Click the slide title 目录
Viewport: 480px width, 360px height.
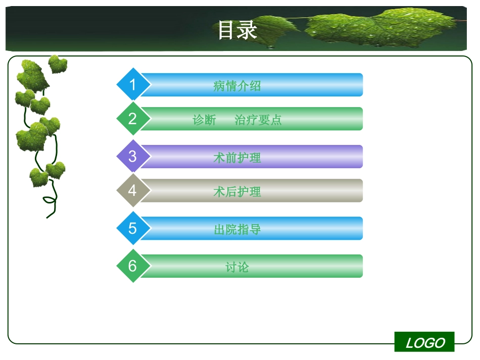click(x=237, y=30)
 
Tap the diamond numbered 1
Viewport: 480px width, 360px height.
click(x=133, y=84)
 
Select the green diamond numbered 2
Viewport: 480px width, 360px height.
click(x=133, y=119)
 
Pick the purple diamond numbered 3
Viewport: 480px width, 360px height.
click(x=133, y=156)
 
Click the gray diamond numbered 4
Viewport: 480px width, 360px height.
click(x=133, y=190)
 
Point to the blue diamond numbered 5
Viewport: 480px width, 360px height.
click(x=133, y=228)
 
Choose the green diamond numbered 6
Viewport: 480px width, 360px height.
click(x=133, y=266)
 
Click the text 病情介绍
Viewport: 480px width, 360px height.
click(x=237, y=85)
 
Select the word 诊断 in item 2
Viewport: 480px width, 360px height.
click(x=204, y=120)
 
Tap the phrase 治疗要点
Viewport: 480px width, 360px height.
click(x=258, y=120)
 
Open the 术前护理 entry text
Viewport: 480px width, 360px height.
click(x=237, y=158)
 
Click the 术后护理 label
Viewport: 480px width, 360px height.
click(x=237, y=191)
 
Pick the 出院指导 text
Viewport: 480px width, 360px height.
click(x=237, y=229)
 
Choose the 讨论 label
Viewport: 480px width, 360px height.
click(x=237, y=267)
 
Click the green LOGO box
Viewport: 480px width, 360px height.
click(x=424, y=342)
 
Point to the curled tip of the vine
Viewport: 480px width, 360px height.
click(x=49, y=200)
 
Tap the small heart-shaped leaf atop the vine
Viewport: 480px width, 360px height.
click(x=57, y=64)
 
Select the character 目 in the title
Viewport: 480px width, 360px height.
click(x=227, y=30)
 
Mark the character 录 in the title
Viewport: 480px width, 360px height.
click(x=248, y=30)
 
